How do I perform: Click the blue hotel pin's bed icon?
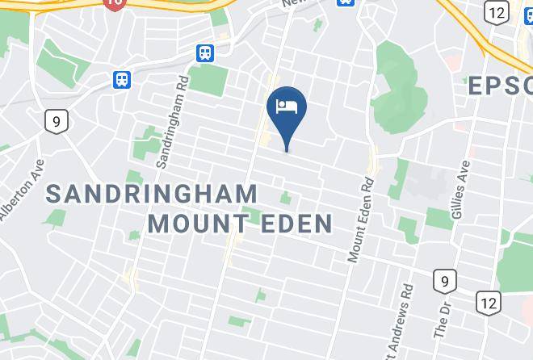click(287, 106)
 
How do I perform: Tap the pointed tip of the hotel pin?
click(287, 149)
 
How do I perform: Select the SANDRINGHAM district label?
click(151, 194)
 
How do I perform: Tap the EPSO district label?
click(501, 85)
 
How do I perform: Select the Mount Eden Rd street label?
click(361, 219)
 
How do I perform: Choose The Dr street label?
click(442, 320)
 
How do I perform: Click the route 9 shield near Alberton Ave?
click(55, 122)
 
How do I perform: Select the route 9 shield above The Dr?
click(443, 281)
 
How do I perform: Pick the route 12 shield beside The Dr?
click(487, 302)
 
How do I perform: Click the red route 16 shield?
click(114, 4)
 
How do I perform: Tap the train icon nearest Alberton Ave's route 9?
click(122, 79)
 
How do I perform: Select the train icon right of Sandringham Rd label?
click(205, 53)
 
